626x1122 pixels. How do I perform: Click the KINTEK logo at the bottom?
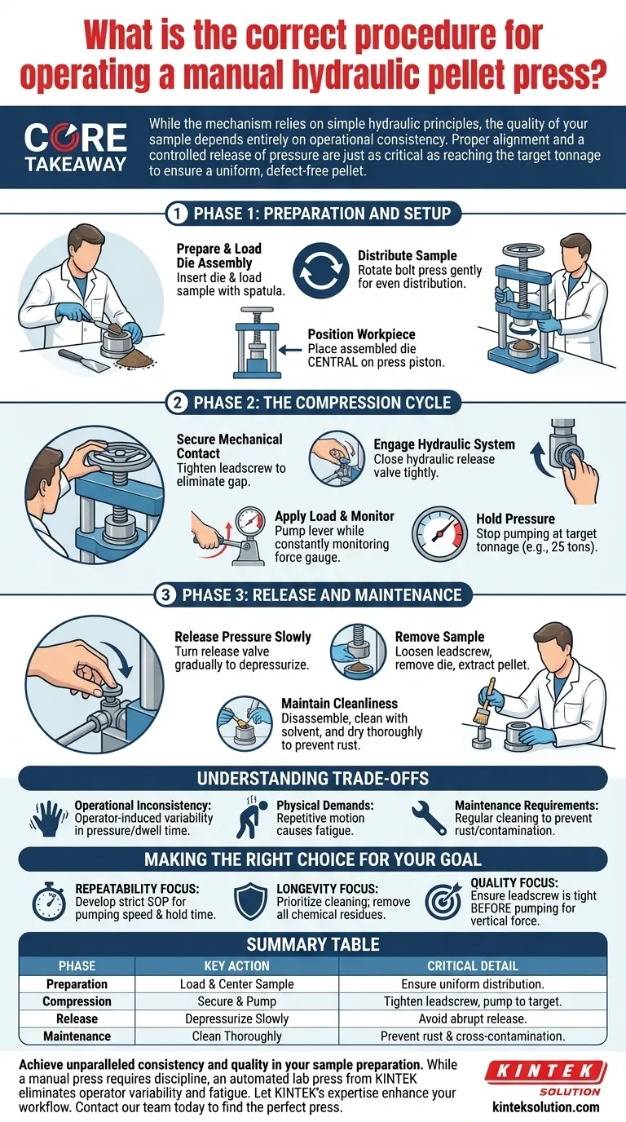click(546, 1079)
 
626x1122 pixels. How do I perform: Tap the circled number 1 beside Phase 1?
click(177, 214)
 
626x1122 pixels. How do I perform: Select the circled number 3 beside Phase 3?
click(165, 595)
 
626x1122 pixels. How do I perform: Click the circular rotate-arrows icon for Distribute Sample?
click(321, 271)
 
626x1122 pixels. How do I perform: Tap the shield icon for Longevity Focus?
click(251, 902)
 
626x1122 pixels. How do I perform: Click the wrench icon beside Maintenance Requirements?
click(429, 819)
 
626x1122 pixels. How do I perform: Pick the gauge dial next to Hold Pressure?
click(439, 534)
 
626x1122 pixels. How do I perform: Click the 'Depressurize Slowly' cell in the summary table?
click(237, 1018)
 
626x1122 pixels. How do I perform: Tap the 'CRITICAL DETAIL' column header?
click(473, 965)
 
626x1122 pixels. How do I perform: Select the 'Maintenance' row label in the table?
click(77, 1036)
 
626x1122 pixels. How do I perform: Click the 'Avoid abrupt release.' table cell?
click(473, 1018)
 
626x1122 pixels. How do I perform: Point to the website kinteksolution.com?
click(546, 1107)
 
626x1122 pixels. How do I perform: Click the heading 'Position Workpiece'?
click(362, 334)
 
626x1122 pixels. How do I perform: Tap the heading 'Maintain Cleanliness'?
click(340, 703)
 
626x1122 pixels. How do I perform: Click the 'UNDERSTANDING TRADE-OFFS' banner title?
click(313, 779)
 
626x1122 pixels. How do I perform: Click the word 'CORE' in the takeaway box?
click(75, 139)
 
